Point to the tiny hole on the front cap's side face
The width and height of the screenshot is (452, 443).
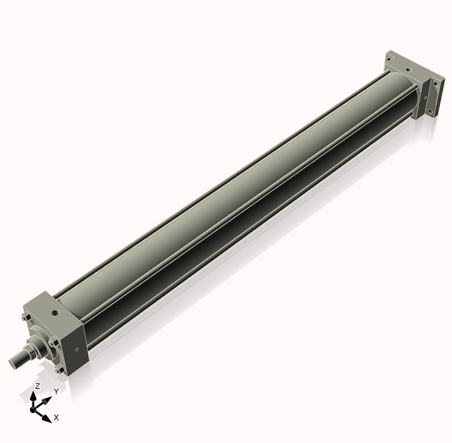coord(77,348)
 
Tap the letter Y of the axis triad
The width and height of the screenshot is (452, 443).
coord(56,392)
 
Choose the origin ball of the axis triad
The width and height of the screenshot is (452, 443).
coord(34,409)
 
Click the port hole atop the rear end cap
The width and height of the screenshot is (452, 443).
coord(408,69)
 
